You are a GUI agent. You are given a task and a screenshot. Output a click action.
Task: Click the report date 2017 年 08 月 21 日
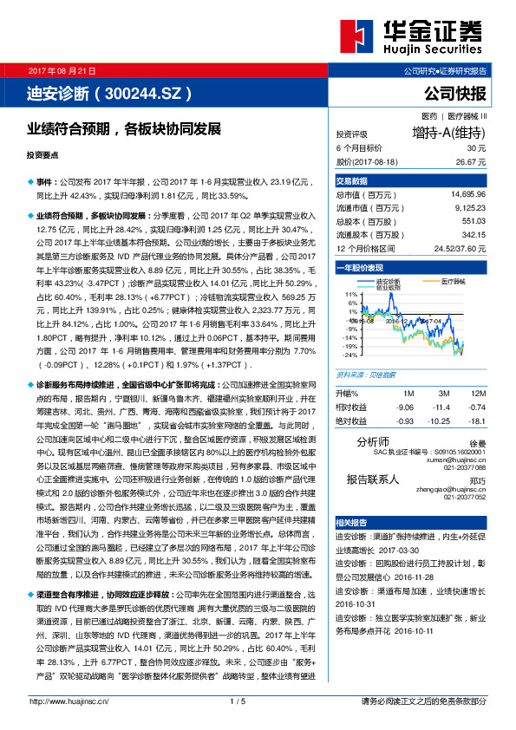[x=62, y=70]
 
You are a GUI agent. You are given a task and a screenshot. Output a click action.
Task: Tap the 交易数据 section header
[x=351, y=181]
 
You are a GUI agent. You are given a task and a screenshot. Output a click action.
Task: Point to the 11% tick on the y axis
[x=350, y=294]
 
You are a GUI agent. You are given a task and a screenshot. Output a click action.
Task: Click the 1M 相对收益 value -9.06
[x=404, y=407]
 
